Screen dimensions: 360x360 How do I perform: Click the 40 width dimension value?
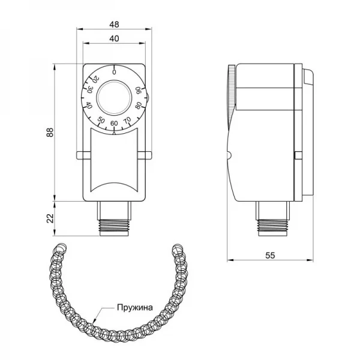point(113,39)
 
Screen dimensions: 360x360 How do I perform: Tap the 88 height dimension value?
point(49,131)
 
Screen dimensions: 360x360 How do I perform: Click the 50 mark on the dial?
point(100,121)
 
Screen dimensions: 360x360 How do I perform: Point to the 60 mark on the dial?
point(114,124)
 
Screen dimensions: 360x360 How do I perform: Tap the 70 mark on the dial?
point(127,121)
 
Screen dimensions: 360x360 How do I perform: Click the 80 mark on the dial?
point(139,106)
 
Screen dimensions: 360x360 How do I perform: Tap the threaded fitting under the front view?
point(113,223)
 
